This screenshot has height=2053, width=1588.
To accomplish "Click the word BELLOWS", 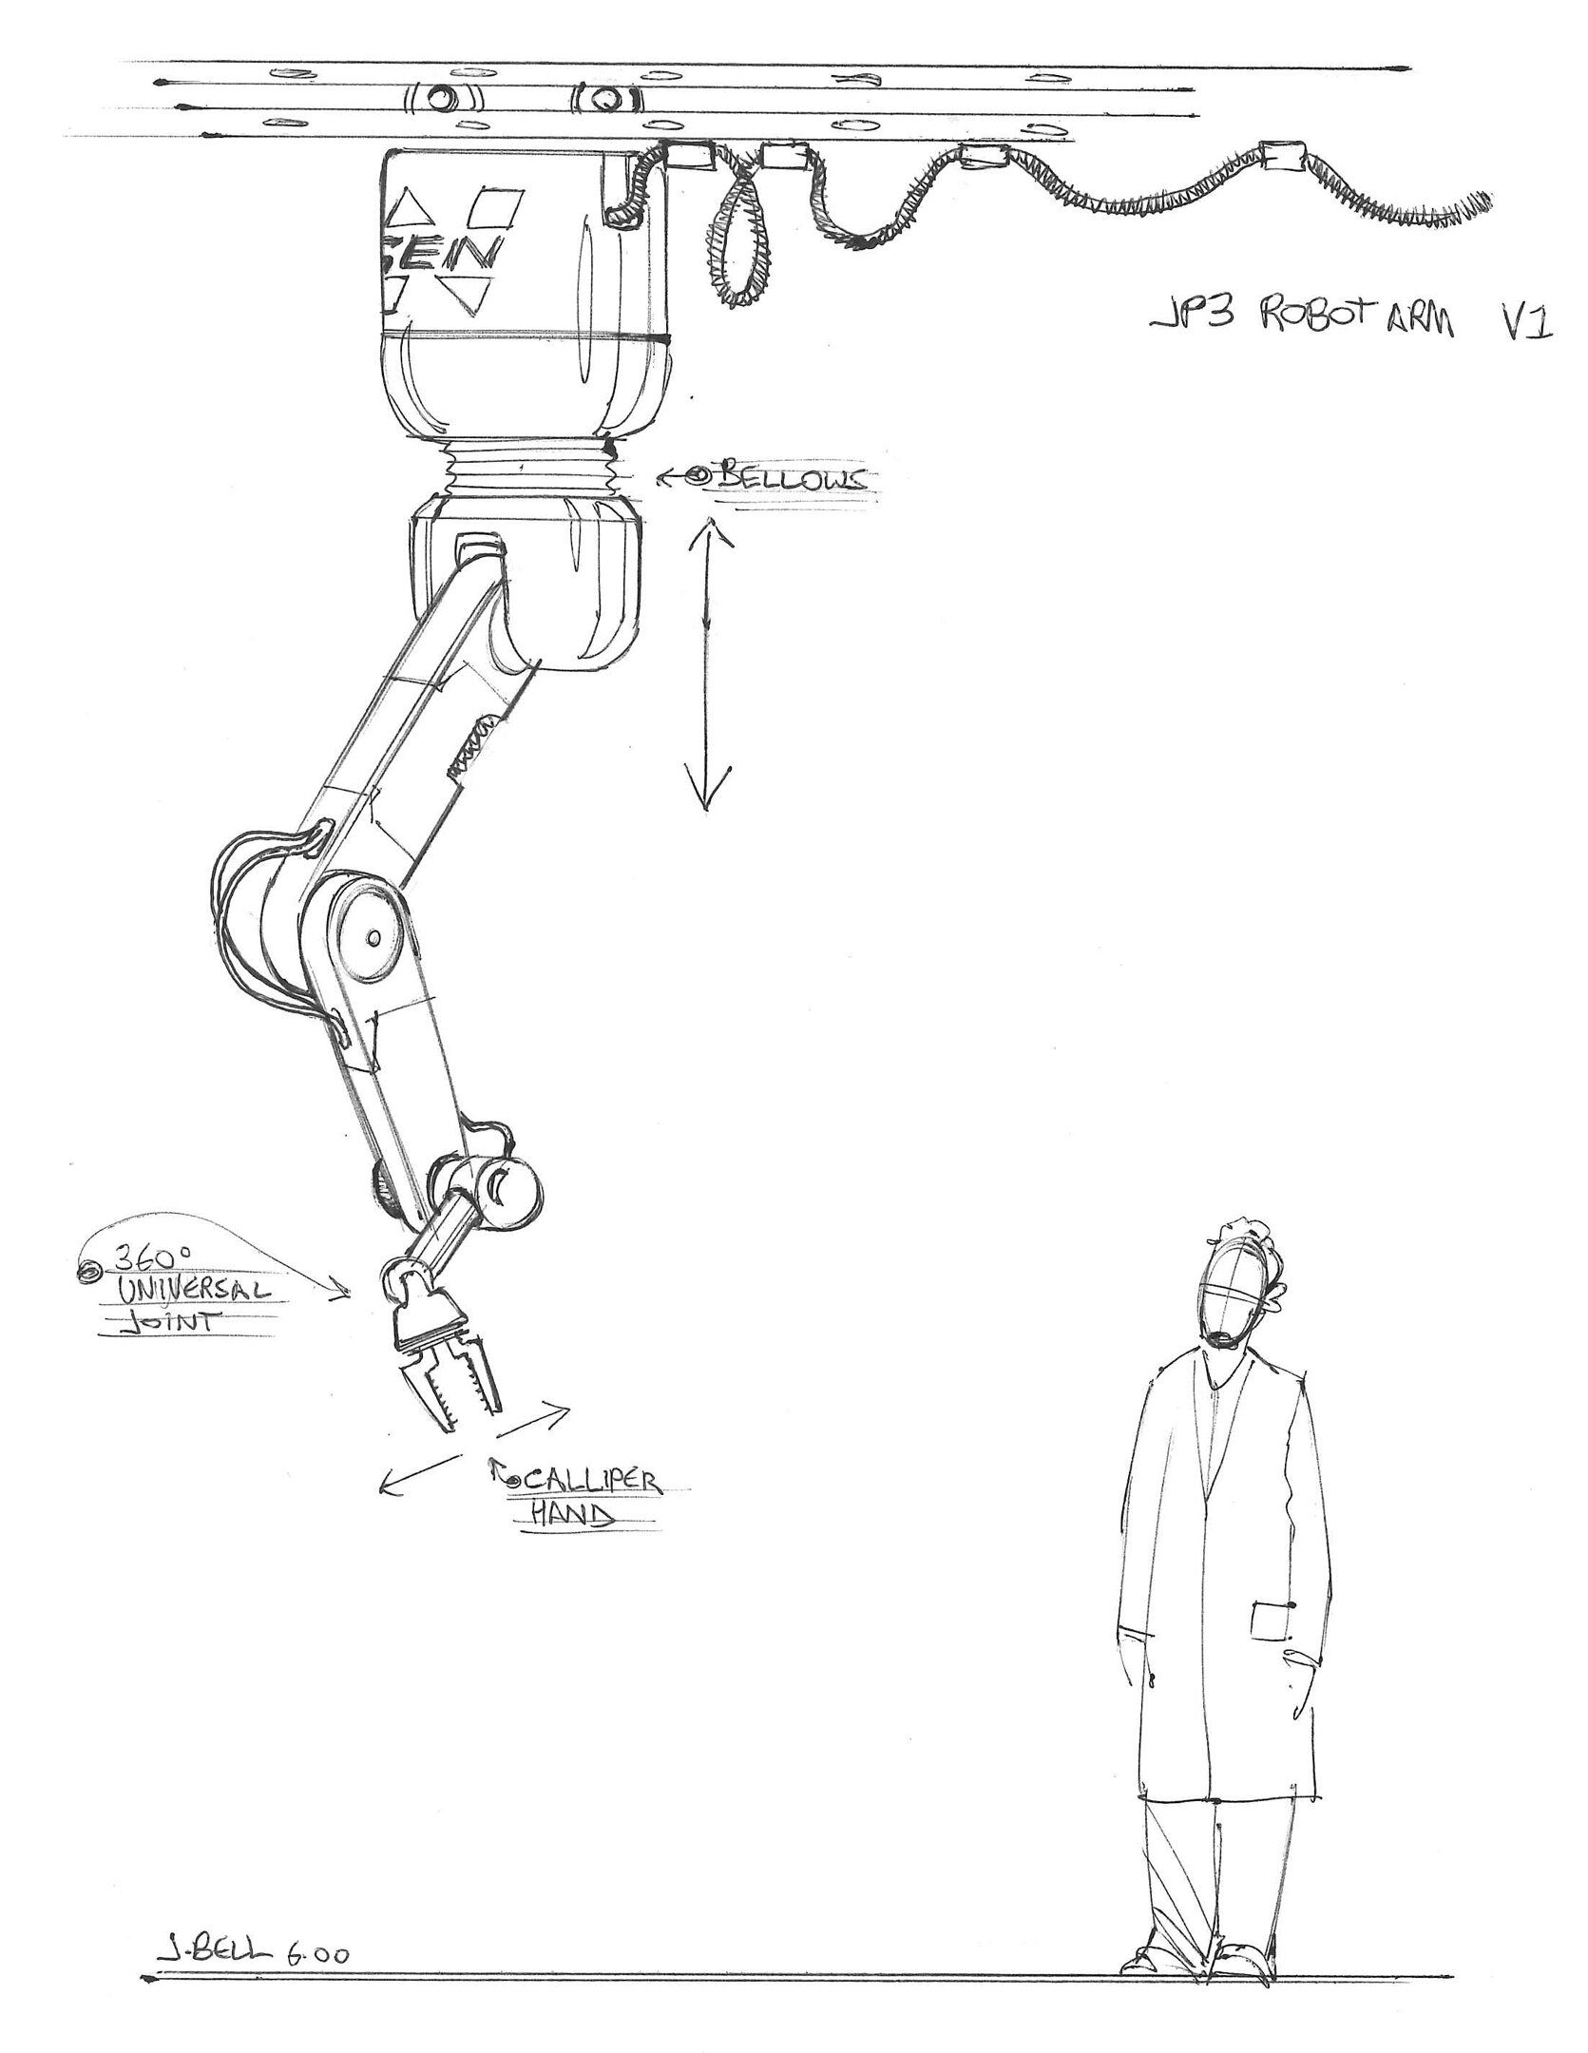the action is [792, 478].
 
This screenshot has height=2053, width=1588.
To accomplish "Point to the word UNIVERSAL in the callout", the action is [190, 1292].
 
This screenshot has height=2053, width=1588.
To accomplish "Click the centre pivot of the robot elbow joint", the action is [373, 937].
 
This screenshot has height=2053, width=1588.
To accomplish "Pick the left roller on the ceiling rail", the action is [443, 98].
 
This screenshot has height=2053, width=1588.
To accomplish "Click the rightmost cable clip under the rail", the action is [1284, 156].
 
